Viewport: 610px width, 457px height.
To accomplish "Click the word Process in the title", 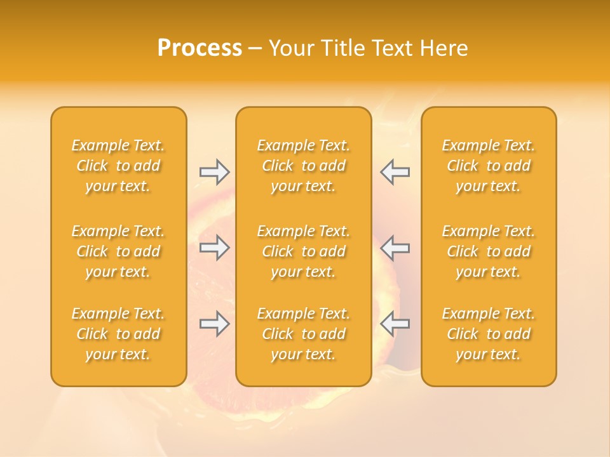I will click(x=200, y=48).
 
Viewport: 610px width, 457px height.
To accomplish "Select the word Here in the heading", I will click(x=444, y=48).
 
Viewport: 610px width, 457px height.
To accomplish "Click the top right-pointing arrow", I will click(x=214, y=171).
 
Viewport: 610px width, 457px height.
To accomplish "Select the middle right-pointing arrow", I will click(x=214, y=247).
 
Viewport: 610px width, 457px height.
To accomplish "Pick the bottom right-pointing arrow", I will click(x=214, y=324).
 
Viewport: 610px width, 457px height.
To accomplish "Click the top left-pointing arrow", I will click(x=395, y=171).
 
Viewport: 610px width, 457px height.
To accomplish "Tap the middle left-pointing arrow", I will click(x=395, y=247).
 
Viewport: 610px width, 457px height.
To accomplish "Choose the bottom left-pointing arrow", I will click(x=395, y=324).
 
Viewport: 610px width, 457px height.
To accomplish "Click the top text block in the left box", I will click(x=118, y=166).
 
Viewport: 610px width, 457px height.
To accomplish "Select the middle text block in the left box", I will click(x=118, y=251).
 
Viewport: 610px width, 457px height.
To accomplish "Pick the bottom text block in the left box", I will click(x=118, y=334).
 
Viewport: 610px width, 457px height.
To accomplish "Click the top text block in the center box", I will click(x=304, y=166).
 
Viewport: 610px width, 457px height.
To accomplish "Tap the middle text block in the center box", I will click(x=304, y=251).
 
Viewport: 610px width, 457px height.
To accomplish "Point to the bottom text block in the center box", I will click(x=304, y=334).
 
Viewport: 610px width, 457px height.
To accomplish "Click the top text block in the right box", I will click(x=489, y=166).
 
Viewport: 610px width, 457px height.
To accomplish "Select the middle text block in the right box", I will click(x=489, y=251).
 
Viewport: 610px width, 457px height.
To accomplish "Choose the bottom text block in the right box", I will click(x=489, y=334).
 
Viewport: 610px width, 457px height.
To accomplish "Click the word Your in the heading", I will click(x=290, y=48).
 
